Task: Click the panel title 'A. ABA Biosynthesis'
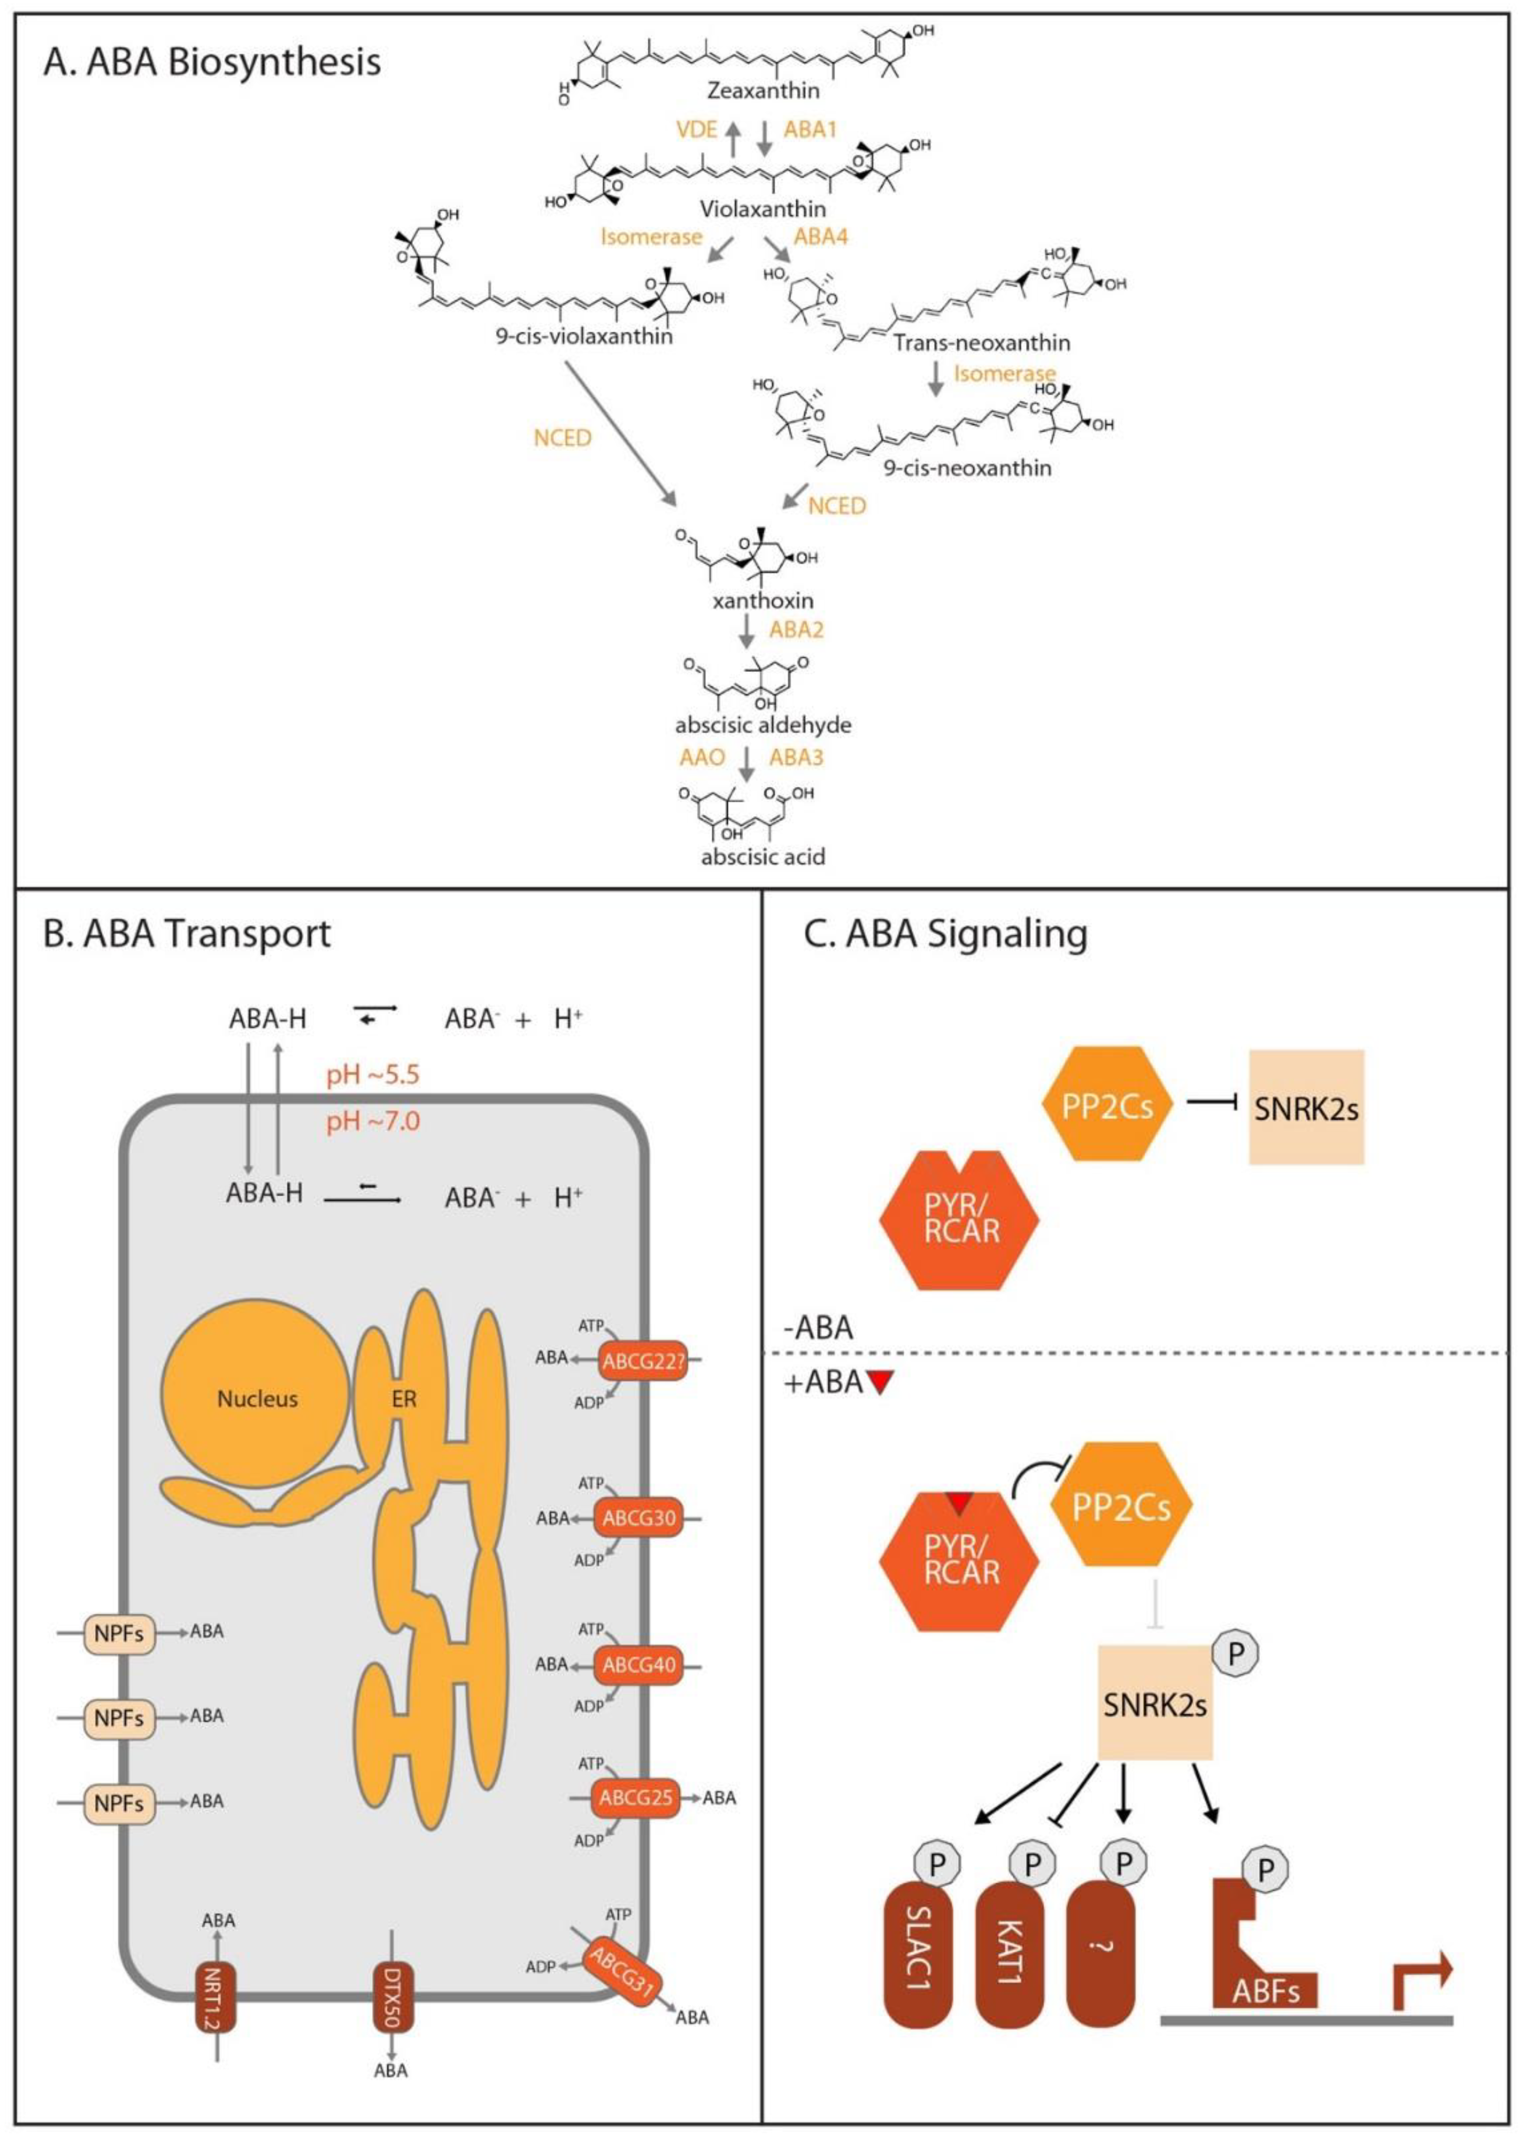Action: tap(212, 62)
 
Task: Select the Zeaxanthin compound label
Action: tap(763, 91)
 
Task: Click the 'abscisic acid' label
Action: tap(763, 856)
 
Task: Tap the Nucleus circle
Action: tap(257, 1399)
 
